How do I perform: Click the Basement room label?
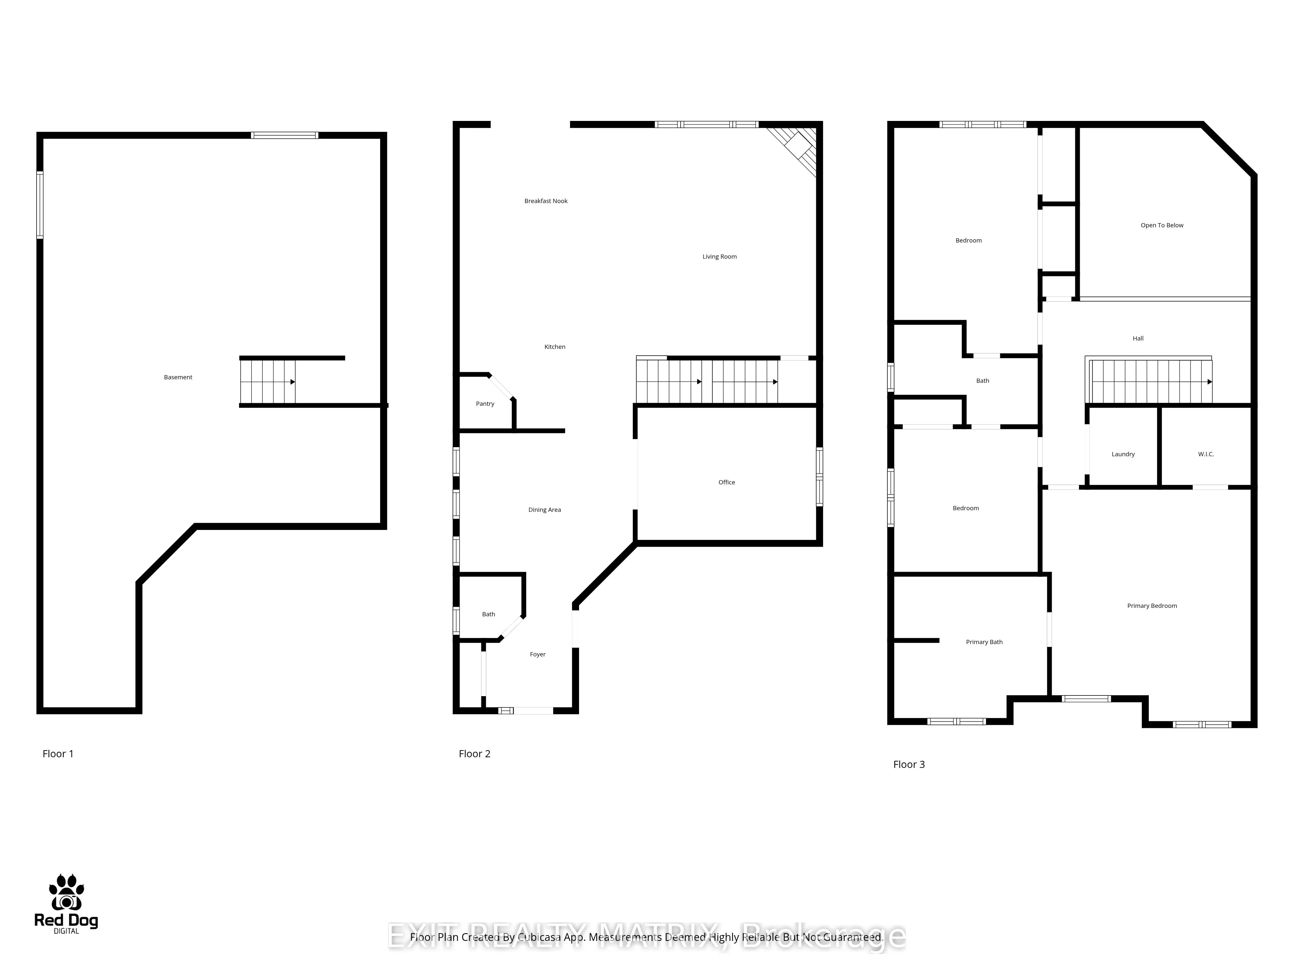[x=178, y=377]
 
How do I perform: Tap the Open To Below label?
[x=1161, y=225]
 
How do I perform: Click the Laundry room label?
[x=1123, y=454]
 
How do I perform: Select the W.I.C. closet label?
[x=1206, y=454]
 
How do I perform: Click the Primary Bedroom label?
[x=1151, y=606]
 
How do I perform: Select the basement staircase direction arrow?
[x=292, y=382]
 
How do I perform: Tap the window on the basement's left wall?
[x=40, y=205]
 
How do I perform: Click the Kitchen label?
[x=554, y=347]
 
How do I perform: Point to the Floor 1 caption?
[x=58, y=754]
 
